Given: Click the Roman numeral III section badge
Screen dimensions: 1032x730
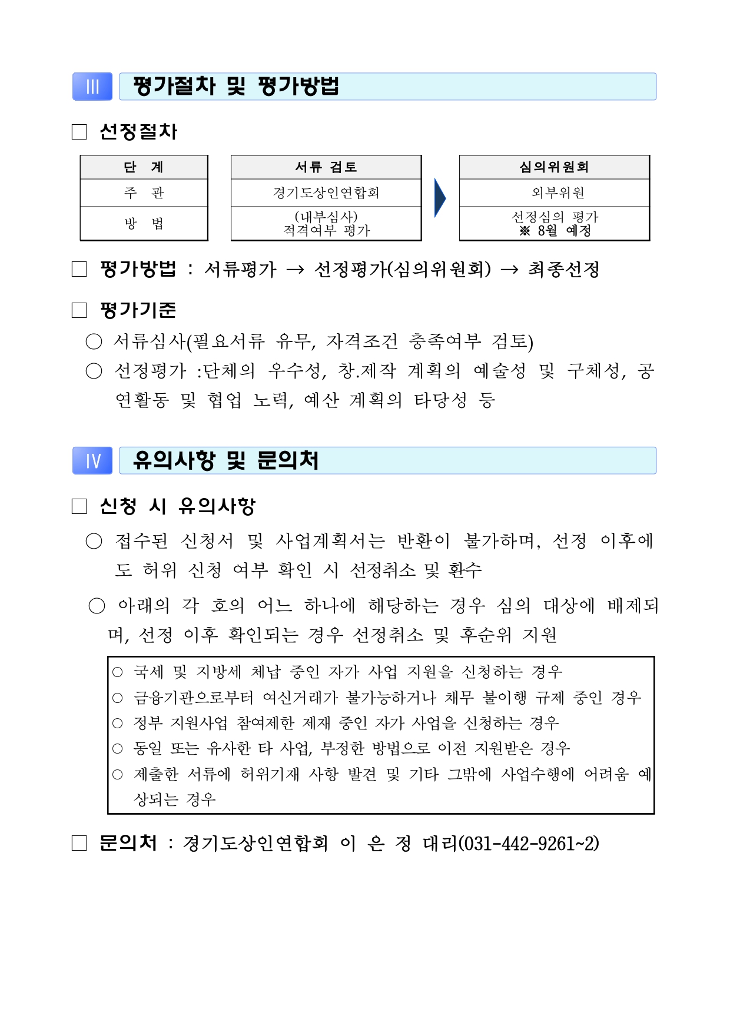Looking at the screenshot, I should pos(92,87).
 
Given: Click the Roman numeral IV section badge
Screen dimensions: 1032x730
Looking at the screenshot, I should pos(92,460).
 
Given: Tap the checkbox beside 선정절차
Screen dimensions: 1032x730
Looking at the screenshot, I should pos(79,132).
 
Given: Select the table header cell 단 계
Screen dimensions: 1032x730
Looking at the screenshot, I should pos(144,167).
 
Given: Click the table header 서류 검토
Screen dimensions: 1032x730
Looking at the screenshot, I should pos(326,167).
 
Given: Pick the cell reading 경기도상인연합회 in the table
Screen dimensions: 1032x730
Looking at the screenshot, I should pos(326,193).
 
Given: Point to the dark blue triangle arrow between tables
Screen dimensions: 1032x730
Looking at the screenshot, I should pos(440,198).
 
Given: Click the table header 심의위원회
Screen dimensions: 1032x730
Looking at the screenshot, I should pos(554,167).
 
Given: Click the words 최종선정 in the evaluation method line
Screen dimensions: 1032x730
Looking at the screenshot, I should pos(563,270).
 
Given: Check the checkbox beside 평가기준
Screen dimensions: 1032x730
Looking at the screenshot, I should pos(79,310).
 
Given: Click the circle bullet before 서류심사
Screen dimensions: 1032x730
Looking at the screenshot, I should pos(94,341).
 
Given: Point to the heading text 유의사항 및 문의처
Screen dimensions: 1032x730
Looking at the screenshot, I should pos(225,460).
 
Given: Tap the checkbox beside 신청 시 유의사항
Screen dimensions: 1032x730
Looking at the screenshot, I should pos(79,506).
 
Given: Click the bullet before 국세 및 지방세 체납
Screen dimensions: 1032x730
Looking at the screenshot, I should pos(118,672).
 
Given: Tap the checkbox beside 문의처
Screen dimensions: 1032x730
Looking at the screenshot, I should pos(79,844).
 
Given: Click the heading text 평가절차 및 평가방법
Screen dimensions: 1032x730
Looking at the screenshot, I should pos(236,87).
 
